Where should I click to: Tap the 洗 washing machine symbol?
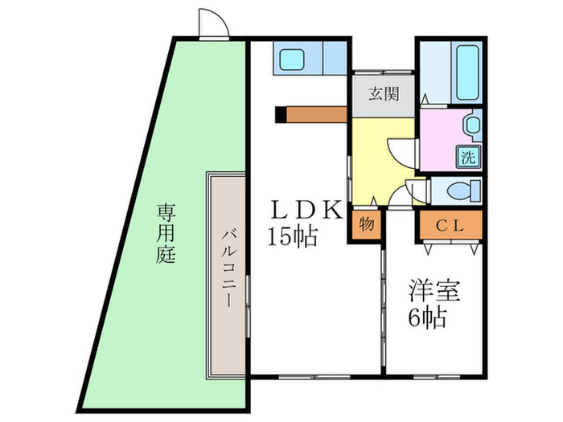click(468, 157)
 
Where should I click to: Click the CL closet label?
click(450, 227)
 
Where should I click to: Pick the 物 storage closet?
click(367, 224)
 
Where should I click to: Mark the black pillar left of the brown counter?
click(279, 114)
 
